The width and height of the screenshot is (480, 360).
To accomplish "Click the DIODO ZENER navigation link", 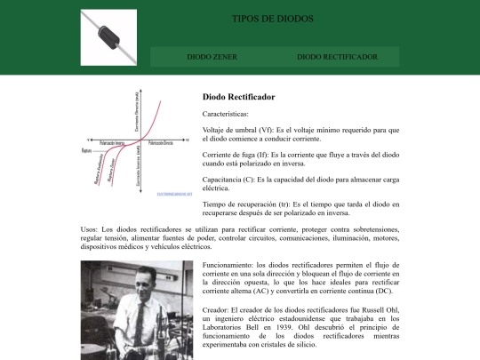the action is coord(205,57).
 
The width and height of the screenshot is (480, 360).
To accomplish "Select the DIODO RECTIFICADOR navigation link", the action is coord(337,57).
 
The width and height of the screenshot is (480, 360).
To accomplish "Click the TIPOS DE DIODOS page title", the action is coord(267,19).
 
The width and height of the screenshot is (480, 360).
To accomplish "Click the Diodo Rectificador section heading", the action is coord(239,96).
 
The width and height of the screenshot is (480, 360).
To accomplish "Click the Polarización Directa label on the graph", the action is coord(161,143).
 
